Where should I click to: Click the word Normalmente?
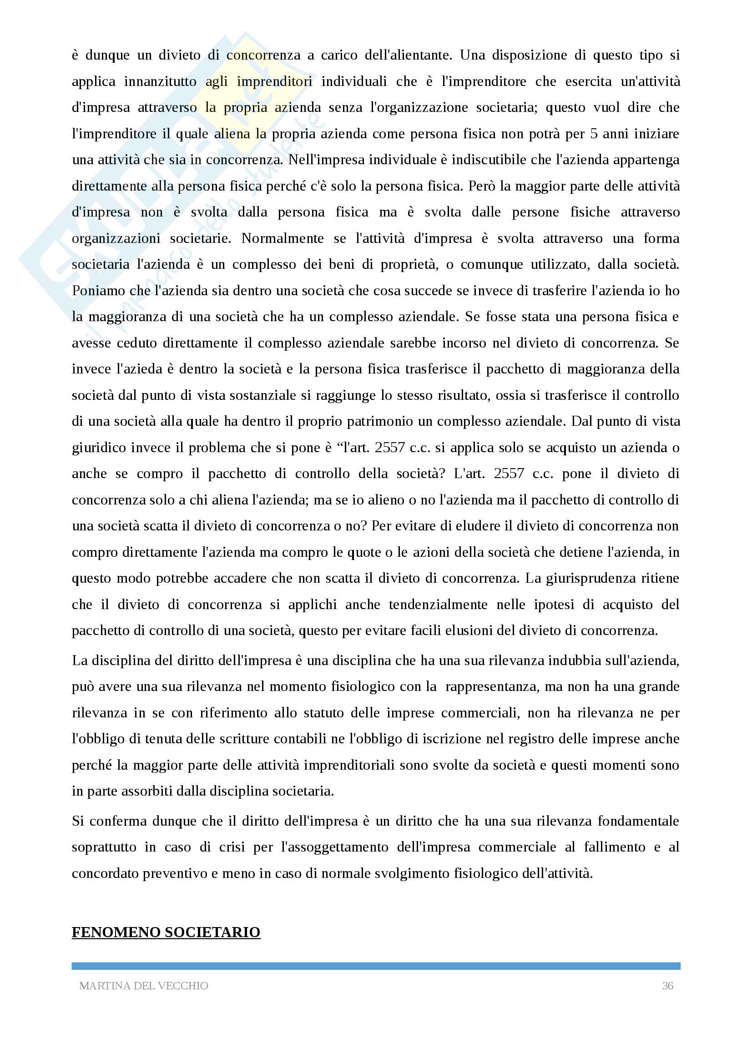click(x=283, y=238)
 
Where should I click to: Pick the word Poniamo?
click(x=99, y=291)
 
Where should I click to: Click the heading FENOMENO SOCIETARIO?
click(x=166, y=933)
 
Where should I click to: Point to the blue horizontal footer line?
click(x=376, y=966)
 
